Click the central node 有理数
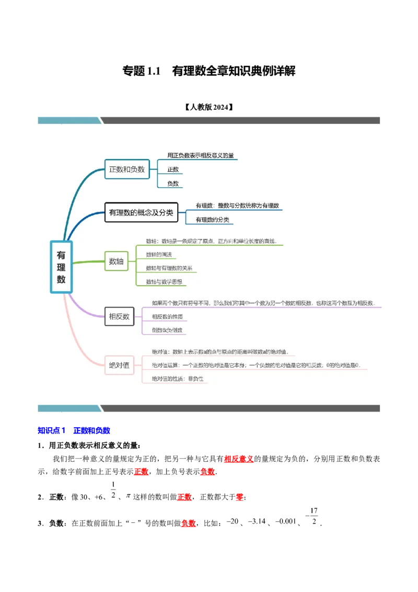[x=61, y=267]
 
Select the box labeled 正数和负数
[x=127, y=169]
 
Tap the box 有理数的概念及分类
[x=141, y=212]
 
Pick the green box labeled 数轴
[x=116, y=261]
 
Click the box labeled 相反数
[x=119, y=316]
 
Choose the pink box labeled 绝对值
[x=119, y=365]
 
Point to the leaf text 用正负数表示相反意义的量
[x=201, y=155]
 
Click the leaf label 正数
[x=173, y=169]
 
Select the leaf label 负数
[x=173, y=184]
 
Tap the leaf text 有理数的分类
[x=212, y=220]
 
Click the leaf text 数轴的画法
[x=159, y=255]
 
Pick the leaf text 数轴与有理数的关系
[x=169, y=268]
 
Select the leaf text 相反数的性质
[x=167, y=317]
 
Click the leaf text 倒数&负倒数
[x=167, y=331]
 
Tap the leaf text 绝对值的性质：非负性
[x=178, y=379]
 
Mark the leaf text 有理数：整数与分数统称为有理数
[x=237, y=206]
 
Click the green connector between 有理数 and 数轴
[x=88, y=262]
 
